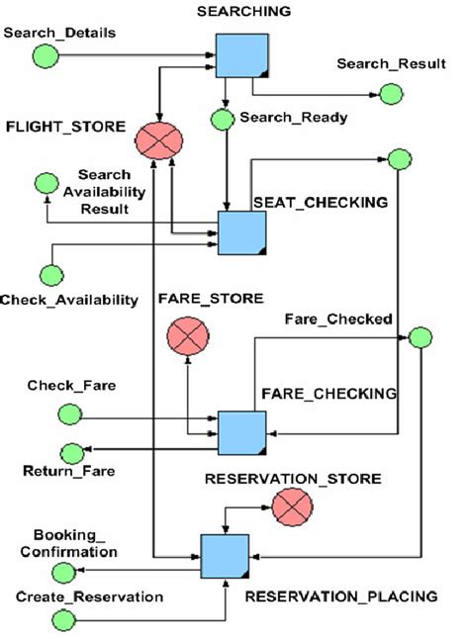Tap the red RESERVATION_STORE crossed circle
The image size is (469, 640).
[292, 508]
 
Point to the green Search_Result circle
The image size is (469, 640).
[391, 94]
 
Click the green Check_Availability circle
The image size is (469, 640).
[49, 274]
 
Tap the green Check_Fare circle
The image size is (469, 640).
[69, 411]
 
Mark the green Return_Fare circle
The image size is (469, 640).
[71, 452]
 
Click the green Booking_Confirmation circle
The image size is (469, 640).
[61, 572]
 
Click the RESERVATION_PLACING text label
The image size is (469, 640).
[340, 596]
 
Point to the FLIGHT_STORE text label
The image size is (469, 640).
[65, 127]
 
